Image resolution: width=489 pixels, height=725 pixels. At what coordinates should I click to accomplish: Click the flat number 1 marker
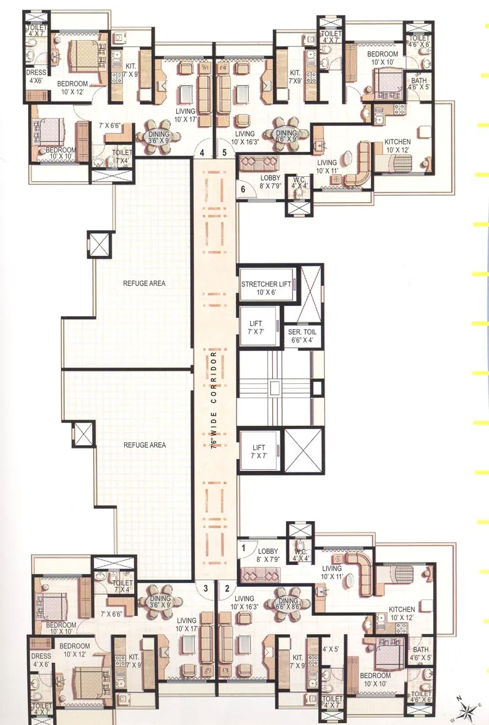pyautogui.click(x=243, y=547)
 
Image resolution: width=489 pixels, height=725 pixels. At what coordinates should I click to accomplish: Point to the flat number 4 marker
pyautogui.click(x=202, y=152)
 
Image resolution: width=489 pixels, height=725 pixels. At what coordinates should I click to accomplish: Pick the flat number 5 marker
pyautogui.click(x=224, y=152)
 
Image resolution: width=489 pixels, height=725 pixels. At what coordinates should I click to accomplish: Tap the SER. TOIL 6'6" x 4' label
pyautogui.click(x=302, y=336)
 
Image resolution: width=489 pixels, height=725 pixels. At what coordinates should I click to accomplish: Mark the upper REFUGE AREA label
pyautogui.click(x=145, y=283)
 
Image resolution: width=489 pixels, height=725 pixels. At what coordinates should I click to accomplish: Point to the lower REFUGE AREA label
pyautogui.click(x=145, y=445)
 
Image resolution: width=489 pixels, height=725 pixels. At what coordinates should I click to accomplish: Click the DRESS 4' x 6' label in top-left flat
pyautogui.click(x=36, y=77)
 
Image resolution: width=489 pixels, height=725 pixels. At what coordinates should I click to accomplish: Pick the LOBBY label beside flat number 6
pyautogui.click(x=271, y=181)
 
